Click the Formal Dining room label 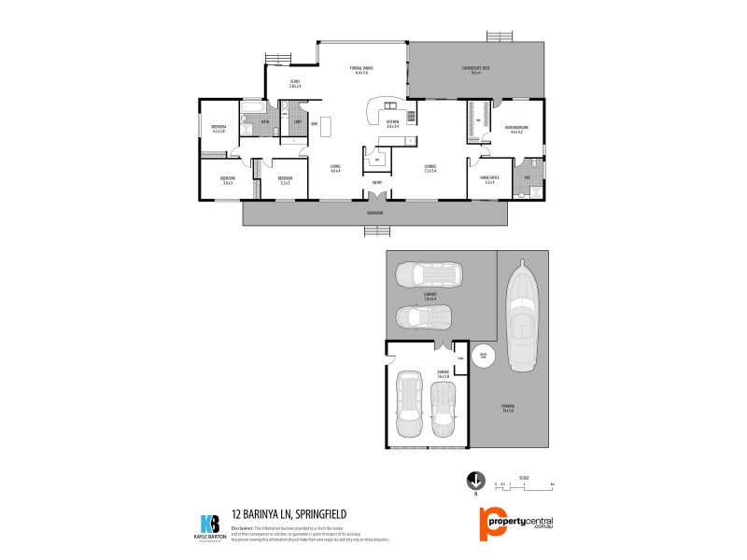click(x=361, y=70)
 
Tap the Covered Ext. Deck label click(x=475, y=70)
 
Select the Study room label click(x=294, y=83)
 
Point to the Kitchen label click(x=392, y=123)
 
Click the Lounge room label click(x=430, y=168)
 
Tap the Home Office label click(x=489, y=179)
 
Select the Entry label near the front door click(x=376, y=182)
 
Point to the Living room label click(x=334, y=168)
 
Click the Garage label click(x=443, y=373)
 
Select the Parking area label click(x=508, y=407)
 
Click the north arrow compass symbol click(x=475, y=482)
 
